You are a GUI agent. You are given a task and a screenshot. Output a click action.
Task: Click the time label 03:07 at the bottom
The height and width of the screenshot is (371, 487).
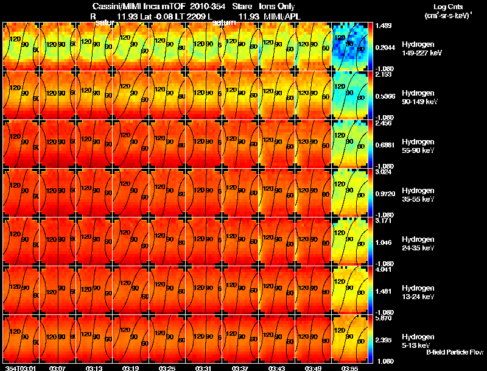[58, 368]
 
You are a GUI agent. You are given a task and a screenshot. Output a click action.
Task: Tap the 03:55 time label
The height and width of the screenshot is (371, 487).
[350, 368]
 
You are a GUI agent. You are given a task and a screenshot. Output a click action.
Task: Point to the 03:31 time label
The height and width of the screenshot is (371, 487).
[204, 368]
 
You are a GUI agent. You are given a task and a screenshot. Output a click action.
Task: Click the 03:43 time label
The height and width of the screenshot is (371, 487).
[277, 368]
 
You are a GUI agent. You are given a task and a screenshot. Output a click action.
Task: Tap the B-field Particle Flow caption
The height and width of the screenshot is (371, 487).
[455, 352]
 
